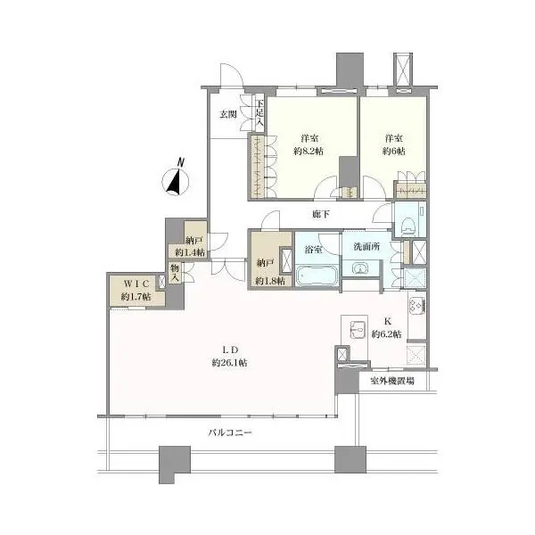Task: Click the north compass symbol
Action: point(176,179)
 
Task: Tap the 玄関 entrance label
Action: point(228,114)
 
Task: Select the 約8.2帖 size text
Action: point(309,152)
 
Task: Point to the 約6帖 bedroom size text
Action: point(394,152)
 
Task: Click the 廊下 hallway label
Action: point(321,214)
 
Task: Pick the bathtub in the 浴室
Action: point(317,276)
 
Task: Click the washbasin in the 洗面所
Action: point(360,268)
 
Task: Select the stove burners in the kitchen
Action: point(416,304)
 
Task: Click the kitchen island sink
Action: point(358,330)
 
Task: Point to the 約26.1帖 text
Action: point(230,362)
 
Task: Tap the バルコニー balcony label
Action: point(230,432)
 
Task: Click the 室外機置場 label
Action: point(392,381)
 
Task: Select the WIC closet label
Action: point(136,284)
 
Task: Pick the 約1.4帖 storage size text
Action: point(190,252)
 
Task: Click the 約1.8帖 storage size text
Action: point(270,281)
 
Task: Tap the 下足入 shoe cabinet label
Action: point(260,111)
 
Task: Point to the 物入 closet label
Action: point(175,272)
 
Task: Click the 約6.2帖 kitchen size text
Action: point(387,334)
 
